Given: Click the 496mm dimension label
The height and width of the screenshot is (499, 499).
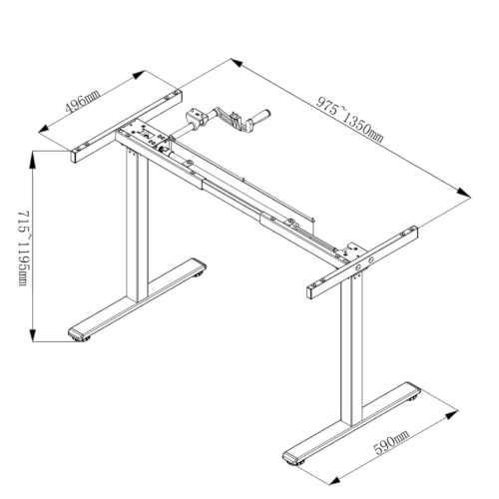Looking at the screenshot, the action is point(83,102).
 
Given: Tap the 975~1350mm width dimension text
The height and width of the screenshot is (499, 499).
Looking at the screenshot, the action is point(349,120).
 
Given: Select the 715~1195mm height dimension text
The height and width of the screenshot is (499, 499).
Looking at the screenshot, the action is point(24,248).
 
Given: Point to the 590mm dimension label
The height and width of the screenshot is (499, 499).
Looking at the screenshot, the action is point(391,443).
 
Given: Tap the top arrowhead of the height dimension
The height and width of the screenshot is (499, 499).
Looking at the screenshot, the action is point(32,160).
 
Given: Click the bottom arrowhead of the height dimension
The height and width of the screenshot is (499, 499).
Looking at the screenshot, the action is point(32,332).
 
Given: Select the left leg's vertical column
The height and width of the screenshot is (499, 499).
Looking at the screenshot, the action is point(137,227).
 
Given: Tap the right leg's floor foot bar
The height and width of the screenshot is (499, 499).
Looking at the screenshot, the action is point(351,422).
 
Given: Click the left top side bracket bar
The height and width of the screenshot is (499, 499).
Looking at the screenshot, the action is point(127,126).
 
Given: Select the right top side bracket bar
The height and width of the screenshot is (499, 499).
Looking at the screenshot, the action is point(362,262).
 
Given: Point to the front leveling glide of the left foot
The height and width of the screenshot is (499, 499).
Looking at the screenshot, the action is point(82,339).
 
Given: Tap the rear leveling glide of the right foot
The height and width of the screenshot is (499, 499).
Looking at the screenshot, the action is point(414,397).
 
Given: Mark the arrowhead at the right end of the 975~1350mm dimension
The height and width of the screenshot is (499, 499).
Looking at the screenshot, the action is point(463,193).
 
